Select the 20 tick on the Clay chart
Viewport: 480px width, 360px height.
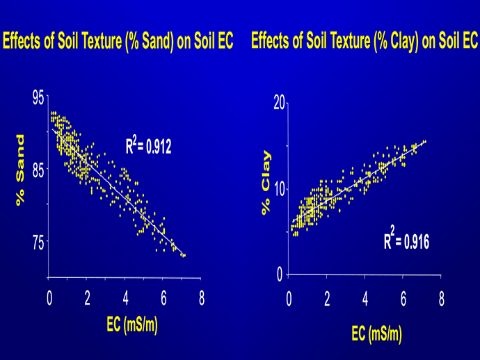coord(280,104)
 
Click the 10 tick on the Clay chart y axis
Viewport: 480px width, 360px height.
coord(280,188)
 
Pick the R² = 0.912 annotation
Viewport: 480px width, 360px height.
coord(147,145)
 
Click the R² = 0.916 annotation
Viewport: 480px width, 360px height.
coord(406,240)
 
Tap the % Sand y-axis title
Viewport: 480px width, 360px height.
coord(21,170)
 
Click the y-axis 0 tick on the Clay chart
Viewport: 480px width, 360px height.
coord(280,274)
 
